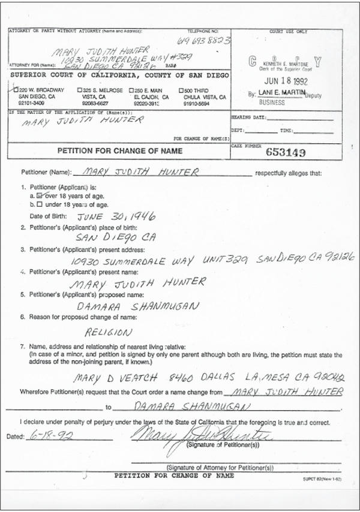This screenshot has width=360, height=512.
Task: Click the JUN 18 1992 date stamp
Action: pyautogui.click(x=280, y=82)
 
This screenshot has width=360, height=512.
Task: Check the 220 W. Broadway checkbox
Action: pyautogui.click(x=16, y=89)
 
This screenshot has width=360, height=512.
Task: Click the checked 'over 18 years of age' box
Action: pyautogui.click(x=40, y=195)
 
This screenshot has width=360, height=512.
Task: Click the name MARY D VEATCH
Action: pyautogui.click(x=108, y=378)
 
